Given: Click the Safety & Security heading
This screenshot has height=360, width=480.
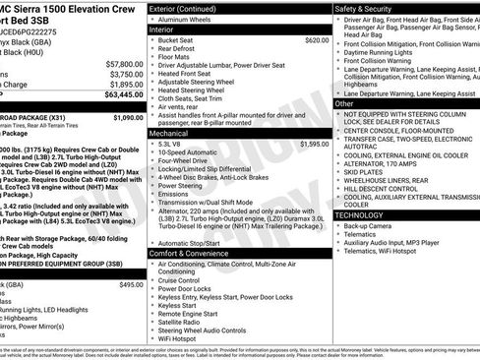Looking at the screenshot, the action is click(369, 8).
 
